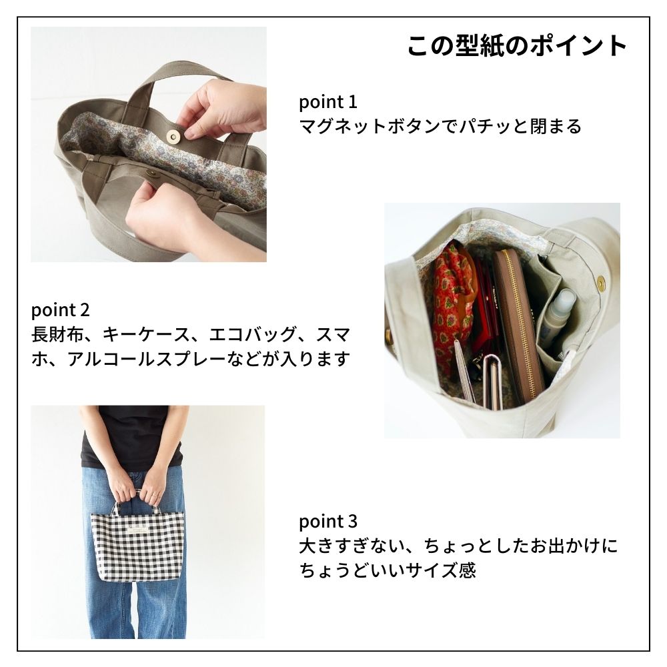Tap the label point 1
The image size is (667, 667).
[x=328, y=102]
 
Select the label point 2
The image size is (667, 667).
[x=60, y=310]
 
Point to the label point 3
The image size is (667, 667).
[x=328, y=521]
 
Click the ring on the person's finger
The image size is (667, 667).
[x=153, y=494]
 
